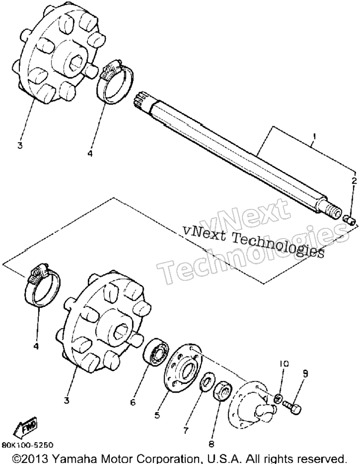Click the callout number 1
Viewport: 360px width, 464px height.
pyautogui.click(x=315, y=137)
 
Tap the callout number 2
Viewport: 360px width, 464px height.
pyautogui.click(x=354, y=181)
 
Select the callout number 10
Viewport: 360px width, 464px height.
pyautogui.click(x=284, y=364)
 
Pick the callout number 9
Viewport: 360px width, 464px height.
pyautogui.click(x=305, y=374)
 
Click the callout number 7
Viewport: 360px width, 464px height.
pyautogui.click(x=186, y=430)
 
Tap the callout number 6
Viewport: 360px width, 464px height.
pyautogui.click(x=133, y=402)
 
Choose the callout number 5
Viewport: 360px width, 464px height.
pyautogui.click(x=157, y=415)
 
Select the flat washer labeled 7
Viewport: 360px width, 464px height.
pyautogui.click(x=204, y=380)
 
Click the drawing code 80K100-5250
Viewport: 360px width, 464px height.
pyautogui.click(x=28, y=445)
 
